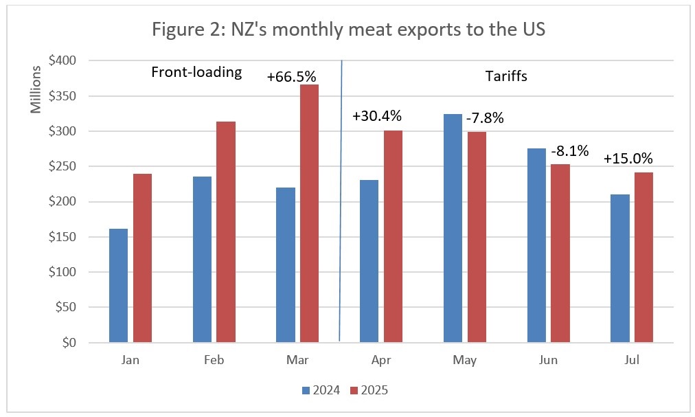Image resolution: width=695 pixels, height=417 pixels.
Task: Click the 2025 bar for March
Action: click(x=308, y=213)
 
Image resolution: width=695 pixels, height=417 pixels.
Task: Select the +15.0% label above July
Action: click(x=628, y=158)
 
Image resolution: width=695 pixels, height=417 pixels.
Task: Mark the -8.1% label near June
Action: click(x=570, y=151)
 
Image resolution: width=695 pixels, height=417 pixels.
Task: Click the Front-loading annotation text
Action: click(x=197, y=73)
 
